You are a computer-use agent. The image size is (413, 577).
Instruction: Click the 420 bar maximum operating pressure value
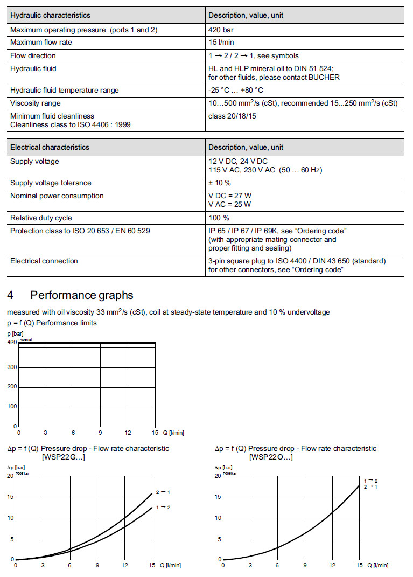coord(221,30)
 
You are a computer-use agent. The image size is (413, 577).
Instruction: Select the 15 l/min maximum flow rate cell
coord(221,43)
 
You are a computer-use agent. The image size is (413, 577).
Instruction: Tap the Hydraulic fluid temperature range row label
coord(65,90)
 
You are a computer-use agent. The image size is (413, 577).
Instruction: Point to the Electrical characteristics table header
coord(50,147)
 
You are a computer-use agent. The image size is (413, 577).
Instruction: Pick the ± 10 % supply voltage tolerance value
coord(220,183)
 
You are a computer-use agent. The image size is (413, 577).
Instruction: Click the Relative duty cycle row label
coord(41,218)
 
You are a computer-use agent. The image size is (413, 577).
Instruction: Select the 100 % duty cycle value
coord(219,218)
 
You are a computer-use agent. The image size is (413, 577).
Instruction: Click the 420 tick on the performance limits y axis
coord(12,342)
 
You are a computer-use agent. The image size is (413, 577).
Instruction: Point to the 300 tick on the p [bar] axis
coord(12,367)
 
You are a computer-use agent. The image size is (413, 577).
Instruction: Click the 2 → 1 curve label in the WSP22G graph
coord(163,492)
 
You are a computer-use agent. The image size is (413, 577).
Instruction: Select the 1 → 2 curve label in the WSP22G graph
coord(163,508)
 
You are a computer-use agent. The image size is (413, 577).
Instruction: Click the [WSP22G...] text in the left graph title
coord(65,457)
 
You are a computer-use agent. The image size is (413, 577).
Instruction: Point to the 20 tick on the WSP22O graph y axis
coord(218,476)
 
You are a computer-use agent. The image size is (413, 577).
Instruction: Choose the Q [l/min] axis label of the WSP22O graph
coord(377,565)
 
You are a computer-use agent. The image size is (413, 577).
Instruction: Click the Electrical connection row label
coord(44,261)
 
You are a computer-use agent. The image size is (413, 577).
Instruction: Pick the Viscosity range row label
coord(36,103)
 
